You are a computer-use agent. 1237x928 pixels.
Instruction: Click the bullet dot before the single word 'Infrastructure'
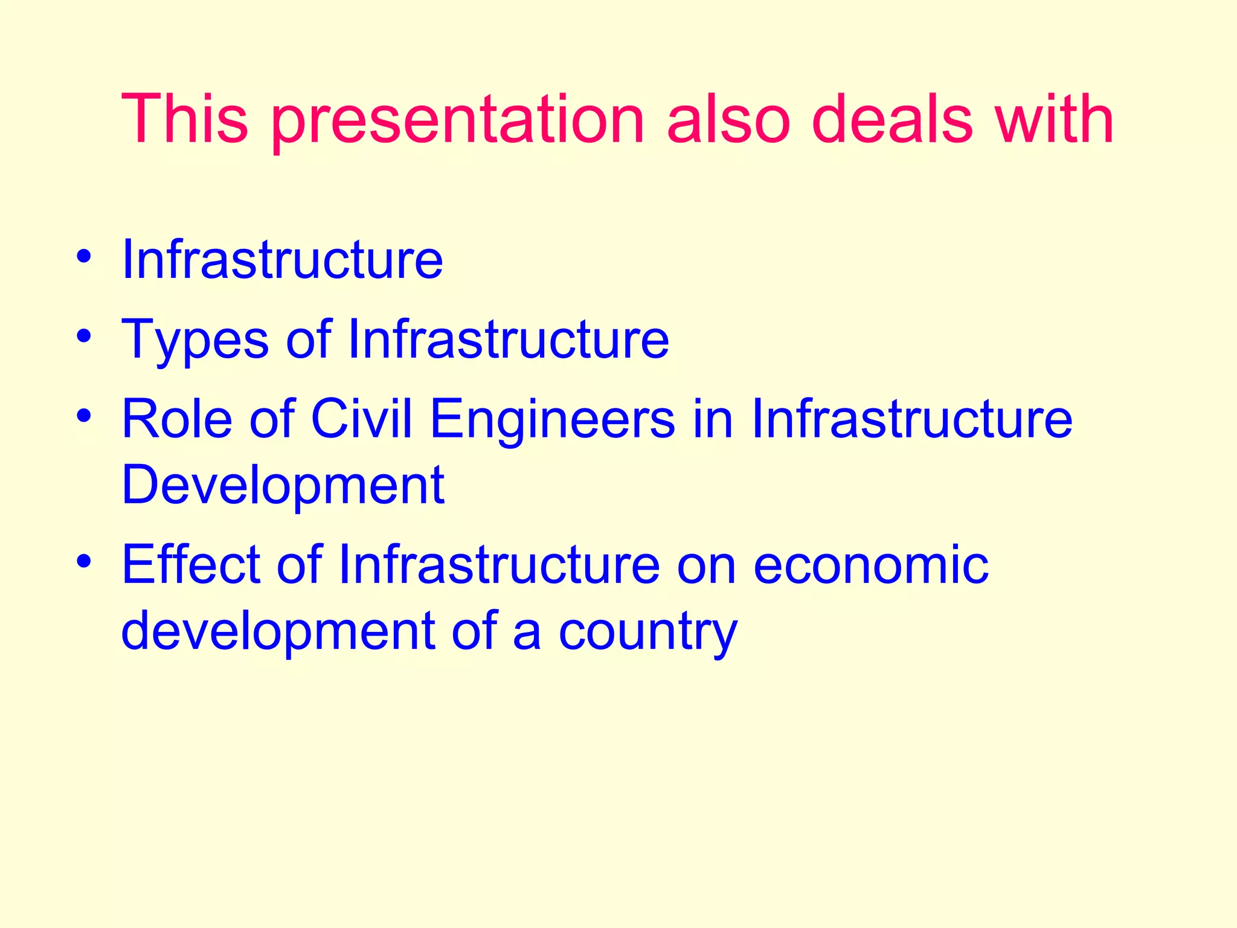click(x=84, y=256)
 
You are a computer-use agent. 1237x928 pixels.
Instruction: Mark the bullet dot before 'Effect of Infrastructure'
click(x=84, y=561)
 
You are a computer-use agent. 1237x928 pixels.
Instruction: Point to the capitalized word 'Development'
click(x=283, y=485)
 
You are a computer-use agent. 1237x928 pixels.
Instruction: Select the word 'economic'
click(x=870, y=565)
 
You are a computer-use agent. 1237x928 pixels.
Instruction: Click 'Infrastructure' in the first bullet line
click(x=282, y=260)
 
